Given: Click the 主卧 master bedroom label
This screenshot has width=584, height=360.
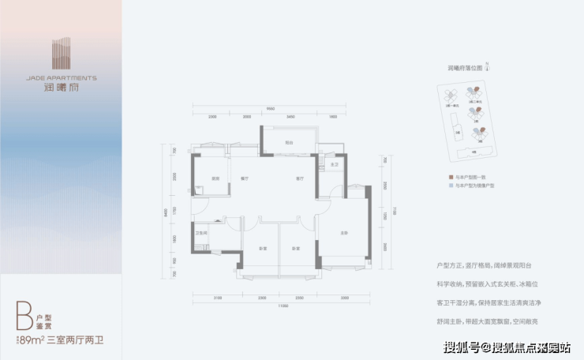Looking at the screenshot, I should tap(344, 232).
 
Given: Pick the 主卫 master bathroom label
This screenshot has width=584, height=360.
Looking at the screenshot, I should tap(334, 165).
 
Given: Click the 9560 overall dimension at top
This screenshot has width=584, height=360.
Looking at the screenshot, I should tap(269, 108).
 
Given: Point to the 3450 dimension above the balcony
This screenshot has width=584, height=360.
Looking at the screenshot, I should tap(291, 116).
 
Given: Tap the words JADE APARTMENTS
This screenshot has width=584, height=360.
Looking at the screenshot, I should tap(61, 78).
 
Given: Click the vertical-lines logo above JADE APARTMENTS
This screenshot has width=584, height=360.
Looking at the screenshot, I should tap(61, 54).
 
